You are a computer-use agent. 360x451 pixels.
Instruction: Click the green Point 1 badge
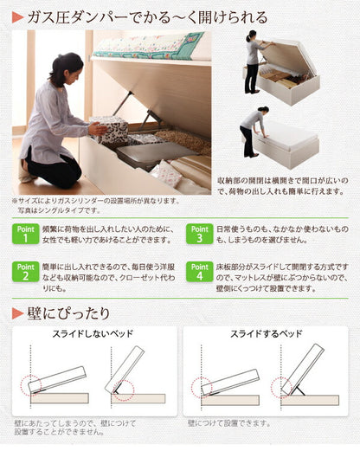pos(25,235)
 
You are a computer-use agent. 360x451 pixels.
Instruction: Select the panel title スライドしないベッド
pos(93,334)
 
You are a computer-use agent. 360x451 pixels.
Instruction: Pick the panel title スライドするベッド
pos(266,334)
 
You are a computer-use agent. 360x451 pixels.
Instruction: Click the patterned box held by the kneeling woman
pos(110,130)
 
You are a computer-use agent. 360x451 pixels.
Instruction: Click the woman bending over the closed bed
pos(251,130)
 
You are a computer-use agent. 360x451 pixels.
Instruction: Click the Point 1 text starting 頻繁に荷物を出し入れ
pos(108,235)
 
